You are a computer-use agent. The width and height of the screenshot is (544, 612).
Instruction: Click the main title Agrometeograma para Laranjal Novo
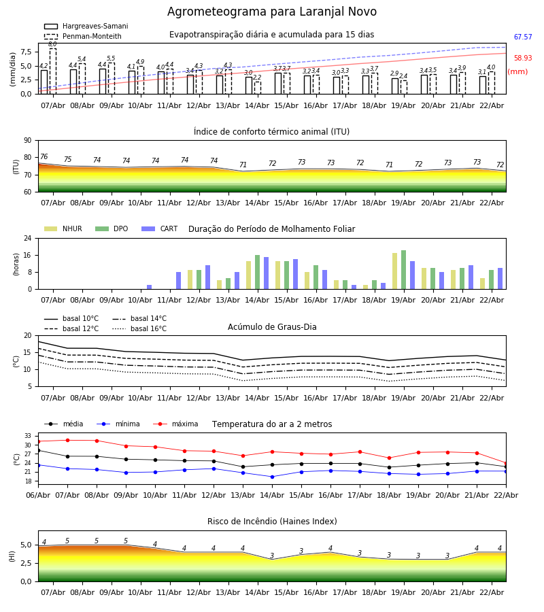point(272,12)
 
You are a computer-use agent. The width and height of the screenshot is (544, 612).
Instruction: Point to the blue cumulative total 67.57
point(523,37)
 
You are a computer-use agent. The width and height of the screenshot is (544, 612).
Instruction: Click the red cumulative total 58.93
point(523,58)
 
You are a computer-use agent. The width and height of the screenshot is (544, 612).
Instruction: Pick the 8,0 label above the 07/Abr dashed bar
point(52,44)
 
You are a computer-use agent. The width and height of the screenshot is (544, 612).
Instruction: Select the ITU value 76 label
point(44,157)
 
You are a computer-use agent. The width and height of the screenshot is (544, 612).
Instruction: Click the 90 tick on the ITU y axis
point(27,140)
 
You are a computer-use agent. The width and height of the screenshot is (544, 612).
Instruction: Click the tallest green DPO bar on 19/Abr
point(404,269)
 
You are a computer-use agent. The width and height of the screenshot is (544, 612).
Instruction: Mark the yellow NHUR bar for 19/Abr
point(395,271)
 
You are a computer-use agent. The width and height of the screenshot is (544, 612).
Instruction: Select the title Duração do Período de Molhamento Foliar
point(271,229)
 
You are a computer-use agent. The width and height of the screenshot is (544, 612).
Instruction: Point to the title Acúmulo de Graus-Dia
point(272,327)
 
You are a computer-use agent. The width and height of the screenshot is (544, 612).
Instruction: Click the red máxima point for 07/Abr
point(67,440)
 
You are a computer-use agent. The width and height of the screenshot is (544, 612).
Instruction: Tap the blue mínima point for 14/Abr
point(272,477)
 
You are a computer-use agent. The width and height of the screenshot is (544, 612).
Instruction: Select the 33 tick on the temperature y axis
point(28,436)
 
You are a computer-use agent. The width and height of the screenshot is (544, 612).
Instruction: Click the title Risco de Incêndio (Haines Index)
point(272,522)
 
